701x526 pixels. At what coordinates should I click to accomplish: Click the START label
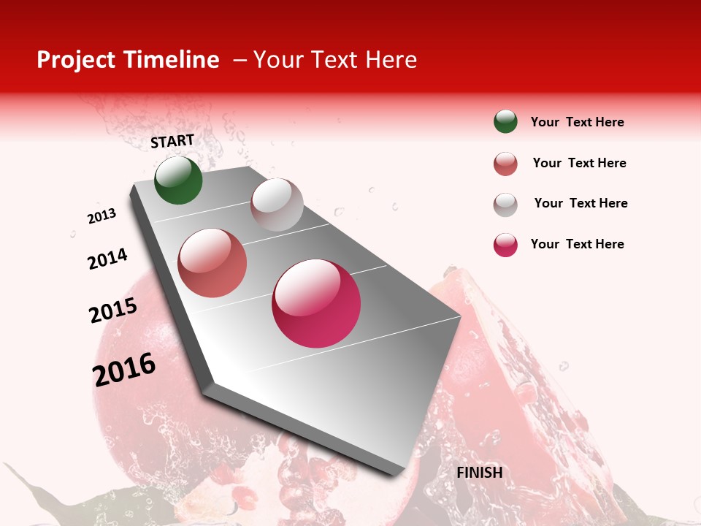[172, 141]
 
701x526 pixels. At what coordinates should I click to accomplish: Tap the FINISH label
[480, 473]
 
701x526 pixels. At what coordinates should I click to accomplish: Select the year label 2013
[101, 216]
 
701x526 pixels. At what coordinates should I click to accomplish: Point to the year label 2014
[107, 259]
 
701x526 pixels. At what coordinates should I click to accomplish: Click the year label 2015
[113, 310]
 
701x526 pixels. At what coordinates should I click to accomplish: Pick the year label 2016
[124, 369]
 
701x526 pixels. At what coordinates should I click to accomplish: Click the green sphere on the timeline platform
[178, 180]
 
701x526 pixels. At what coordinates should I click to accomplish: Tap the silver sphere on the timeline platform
[277, 205]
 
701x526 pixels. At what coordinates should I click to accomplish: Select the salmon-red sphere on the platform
[212, 263]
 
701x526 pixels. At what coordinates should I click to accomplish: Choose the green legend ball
[505, 122]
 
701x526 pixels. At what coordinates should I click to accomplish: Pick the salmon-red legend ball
[505, 164]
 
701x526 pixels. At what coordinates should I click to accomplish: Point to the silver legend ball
[505, 204]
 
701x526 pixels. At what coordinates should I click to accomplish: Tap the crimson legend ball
[505, 245]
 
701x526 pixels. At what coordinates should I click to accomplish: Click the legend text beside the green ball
[577, 122]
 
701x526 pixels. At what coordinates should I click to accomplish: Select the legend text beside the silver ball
[581, 203]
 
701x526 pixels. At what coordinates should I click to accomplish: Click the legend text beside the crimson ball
[577, 244]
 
